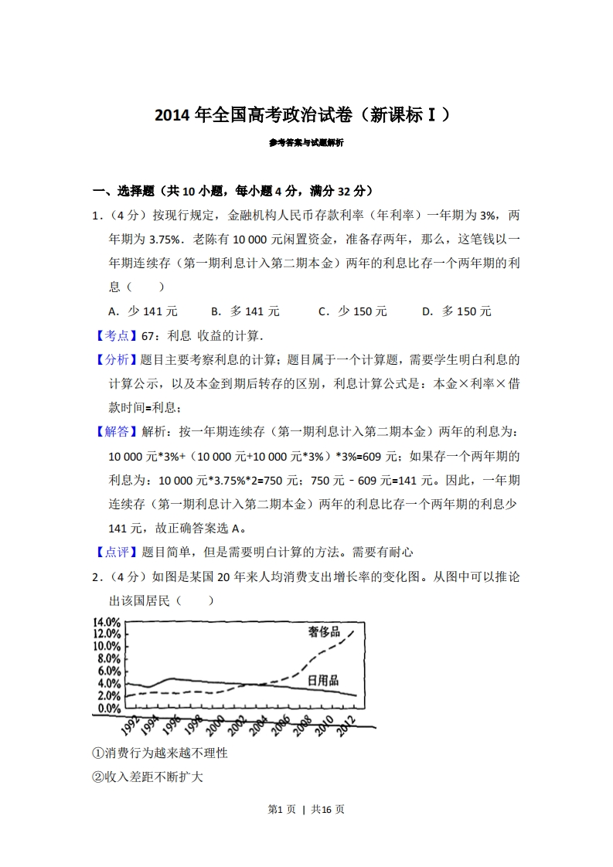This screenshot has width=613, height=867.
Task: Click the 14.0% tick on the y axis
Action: (107, 622)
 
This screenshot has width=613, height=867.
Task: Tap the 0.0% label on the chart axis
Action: (109, 708)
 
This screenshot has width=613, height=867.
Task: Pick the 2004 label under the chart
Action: (260, 727)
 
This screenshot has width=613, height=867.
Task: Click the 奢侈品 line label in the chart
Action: (324, 631)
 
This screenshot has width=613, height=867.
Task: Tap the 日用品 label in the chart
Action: (323, 680)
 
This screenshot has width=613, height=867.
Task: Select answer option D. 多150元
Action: (456, 311)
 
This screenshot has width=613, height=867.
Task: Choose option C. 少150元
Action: (352, 311)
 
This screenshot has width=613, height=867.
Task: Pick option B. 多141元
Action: (245, 311)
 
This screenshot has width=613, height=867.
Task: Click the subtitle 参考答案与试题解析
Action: (306, 143)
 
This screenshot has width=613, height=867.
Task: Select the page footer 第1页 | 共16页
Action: (306, 809)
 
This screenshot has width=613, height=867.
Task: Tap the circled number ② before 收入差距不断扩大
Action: (97, 777)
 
